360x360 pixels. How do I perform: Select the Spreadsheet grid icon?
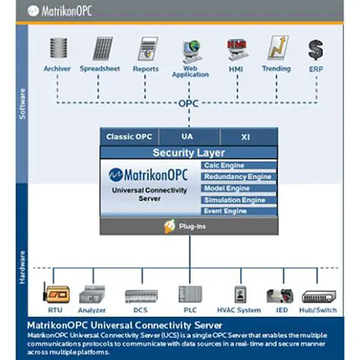point(103,49)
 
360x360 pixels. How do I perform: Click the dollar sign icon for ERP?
point(315,50)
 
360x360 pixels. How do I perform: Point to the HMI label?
point(235,69)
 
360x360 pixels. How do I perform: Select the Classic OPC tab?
point(129,137)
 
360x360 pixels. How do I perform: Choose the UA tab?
point(188,137)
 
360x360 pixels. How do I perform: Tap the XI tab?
point(246,137)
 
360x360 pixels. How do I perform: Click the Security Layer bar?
point(188,153)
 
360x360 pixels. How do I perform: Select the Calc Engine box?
point(238,166)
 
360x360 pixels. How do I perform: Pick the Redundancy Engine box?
point(238,177)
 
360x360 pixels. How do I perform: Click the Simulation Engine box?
point(238,200)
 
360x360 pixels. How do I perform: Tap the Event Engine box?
point(238,211)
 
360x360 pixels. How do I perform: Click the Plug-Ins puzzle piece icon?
point(171,226)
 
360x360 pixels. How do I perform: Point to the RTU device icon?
point(55,295)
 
